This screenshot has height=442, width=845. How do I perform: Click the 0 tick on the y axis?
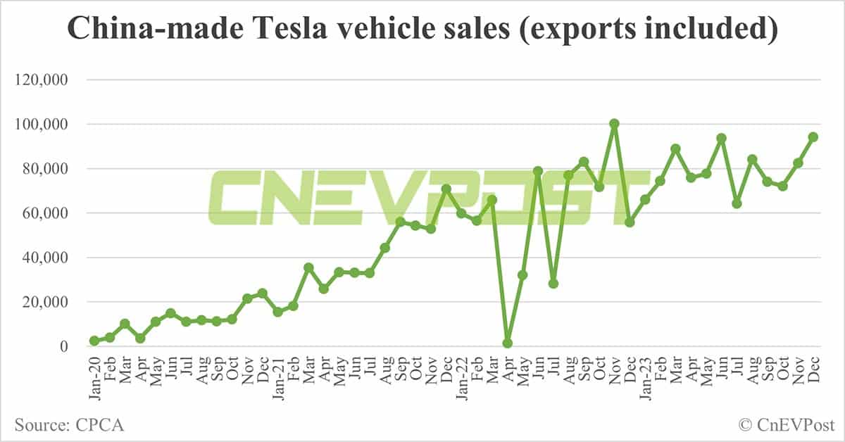click(63, 346)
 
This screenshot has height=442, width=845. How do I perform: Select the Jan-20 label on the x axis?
click(94, 377)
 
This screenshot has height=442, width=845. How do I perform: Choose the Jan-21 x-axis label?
click(278, 377)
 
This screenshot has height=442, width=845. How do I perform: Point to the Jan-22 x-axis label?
click(462, 377)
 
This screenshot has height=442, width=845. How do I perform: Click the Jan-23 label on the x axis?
click(646, 377)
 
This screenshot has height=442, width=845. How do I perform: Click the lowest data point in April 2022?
click(508, 343)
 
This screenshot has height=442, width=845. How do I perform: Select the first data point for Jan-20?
click(94, 341)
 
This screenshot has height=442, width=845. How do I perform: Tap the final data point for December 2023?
click(813, 137)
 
